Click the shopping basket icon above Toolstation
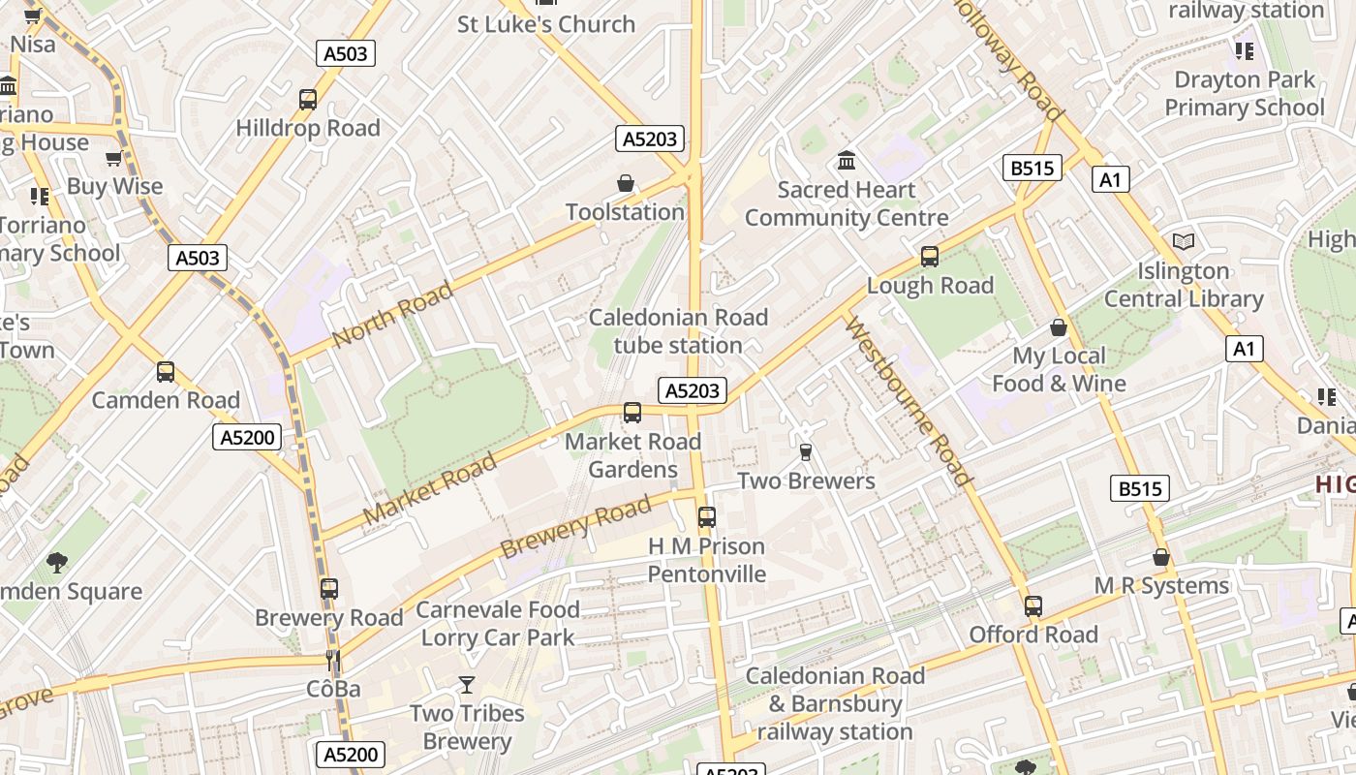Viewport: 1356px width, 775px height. click(x=626, y=183)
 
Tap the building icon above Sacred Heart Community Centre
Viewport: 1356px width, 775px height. click(x=847, y=160)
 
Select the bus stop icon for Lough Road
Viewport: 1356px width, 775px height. click(x=930, y=257)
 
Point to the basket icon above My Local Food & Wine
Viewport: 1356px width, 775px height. click(x=1059, y=327)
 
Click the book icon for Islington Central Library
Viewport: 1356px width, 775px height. click(x=1184, y=241)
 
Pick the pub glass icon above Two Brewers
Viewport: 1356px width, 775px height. click(x=805, y=451)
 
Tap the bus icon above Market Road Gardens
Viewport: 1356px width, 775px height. click(x=632, y=413)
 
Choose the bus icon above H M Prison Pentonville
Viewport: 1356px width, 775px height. click(x=707, y=517)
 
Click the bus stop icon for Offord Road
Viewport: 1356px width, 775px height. click(x=1033, y=606)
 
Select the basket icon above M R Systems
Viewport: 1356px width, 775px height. click(x=1161, y=557)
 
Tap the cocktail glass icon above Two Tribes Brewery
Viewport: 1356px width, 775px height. click(x=467, y=685)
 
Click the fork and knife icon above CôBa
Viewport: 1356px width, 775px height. click(x=333, y=661)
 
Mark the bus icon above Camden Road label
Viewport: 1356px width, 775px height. click(x=166, y=372)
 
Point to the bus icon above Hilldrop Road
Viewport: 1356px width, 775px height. click(x=308, y=99)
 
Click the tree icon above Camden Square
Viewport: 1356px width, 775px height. click(x=57, y=562)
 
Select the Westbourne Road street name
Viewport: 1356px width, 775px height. click(x=907, y=401)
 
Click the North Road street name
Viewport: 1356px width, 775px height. click(x=392, y=314)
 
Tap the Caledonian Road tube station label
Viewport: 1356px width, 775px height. click(x=678, y=331)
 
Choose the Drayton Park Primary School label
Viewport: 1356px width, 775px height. click(x=1244, y=93)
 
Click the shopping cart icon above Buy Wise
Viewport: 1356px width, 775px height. click(x=114, y=158)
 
